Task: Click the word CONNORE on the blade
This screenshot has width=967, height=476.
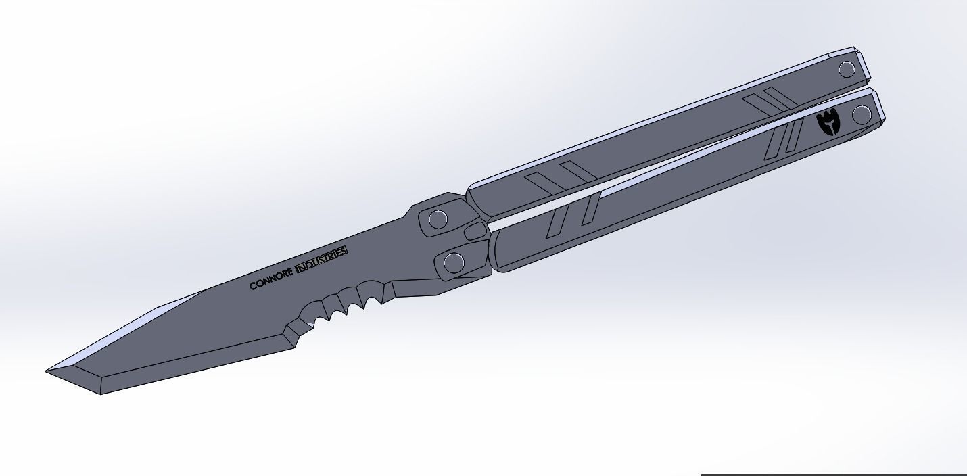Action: (x=271, y=281)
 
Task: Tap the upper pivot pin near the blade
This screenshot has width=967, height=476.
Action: (x=438, y=219)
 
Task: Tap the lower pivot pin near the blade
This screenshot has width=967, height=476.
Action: (x=453, y=262)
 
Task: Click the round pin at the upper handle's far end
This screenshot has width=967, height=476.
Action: (x=847, y=69)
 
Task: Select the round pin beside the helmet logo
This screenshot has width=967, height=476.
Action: (x=862, y=115)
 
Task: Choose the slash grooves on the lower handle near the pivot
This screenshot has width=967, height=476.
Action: (x=573, y=214)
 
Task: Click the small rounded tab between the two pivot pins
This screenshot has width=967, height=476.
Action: (x=476, y=231)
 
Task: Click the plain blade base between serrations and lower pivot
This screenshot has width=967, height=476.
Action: (x=412, y=287)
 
